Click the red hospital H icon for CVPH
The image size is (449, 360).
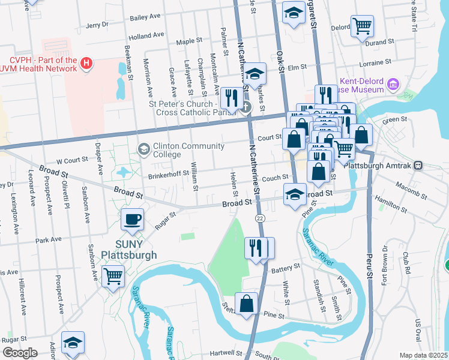pyautogui.click(x=87, y=63)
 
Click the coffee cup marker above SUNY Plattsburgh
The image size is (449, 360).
pyautogui.click(x=132, y=220)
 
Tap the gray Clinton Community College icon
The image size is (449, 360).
pyautogui.click(x=143, y=148)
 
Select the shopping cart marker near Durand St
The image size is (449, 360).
pyautogui.click(x=362, y=26)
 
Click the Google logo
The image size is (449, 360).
pyautogui.click(x=19, y=352)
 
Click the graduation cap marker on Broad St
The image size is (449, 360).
pyautogui.click(x=294, y=195)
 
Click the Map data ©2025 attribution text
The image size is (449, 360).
pyautogui.click(x=424, y=355)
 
